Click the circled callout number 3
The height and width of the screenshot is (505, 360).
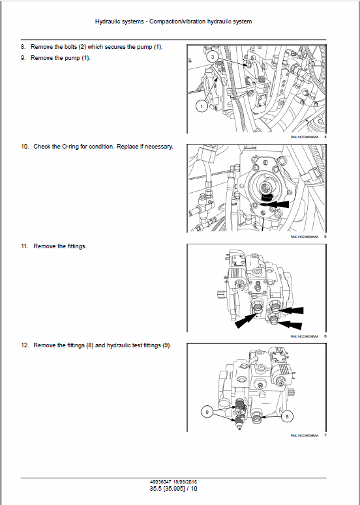tap(212, 58)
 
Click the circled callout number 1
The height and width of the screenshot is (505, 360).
tap(202, 106)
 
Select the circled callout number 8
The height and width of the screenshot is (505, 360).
tap(288, 415)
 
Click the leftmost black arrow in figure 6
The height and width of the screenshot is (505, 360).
tap(247, 318)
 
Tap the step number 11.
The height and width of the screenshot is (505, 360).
tap(23, 246)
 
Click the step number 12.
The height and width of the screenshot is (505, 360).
tap(23, 345)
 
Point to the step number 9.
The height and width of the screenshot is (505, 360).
tap(23, 58)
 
